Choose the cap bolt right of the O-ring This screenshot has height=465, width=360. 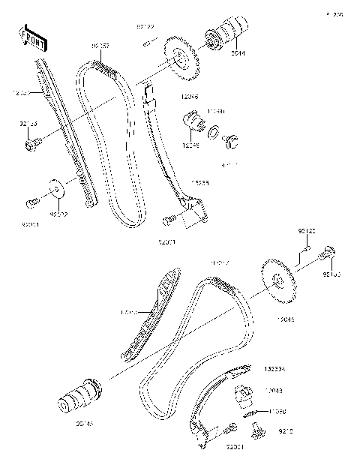[233, 139]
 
